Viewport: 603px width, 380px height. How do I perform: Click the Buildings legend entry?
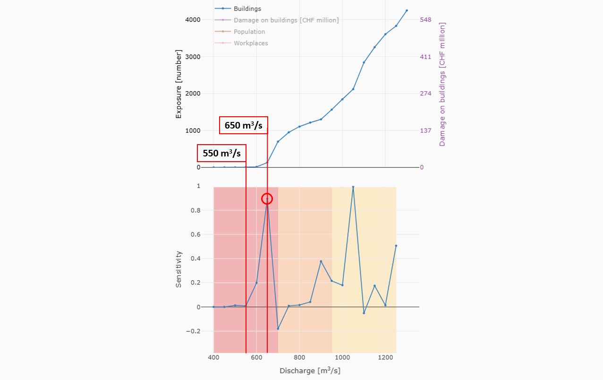point(247,9)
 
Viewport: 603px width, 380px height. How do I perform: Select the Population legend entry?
point(249,32)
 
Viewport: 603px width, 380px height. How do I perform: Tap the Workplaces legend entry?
point(250,43)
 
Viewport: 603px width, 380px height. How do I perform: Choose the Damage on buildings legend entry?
point(286,20)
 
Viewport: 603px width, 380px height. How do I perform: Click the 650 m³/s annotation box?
point(244,126)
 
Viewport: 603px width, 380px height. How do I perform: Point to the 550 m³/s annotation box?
point(222,153)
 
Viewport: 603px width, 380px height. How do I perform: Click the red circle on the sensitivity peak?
point(267,199)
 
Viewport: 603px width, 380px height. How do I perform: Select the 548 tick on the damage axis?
point(425,20)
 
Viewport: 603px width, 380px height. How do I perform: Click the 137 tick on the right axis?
point(425,130)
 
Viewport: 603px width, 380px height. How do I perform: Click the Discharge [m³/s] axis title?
point(310,371)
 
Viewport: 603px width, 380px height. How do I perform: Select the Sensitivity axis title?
point(178,269)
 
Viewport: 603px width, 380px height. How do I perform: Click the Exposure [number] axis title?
point(178,83)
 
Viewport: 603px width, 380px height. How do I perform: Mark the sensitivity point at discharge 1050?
point(353,187)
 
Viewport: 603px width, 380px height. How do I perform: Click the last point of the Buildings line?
point(407,10)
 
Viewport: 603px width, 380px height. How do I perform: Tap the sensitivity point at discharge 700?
point(278,328)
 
